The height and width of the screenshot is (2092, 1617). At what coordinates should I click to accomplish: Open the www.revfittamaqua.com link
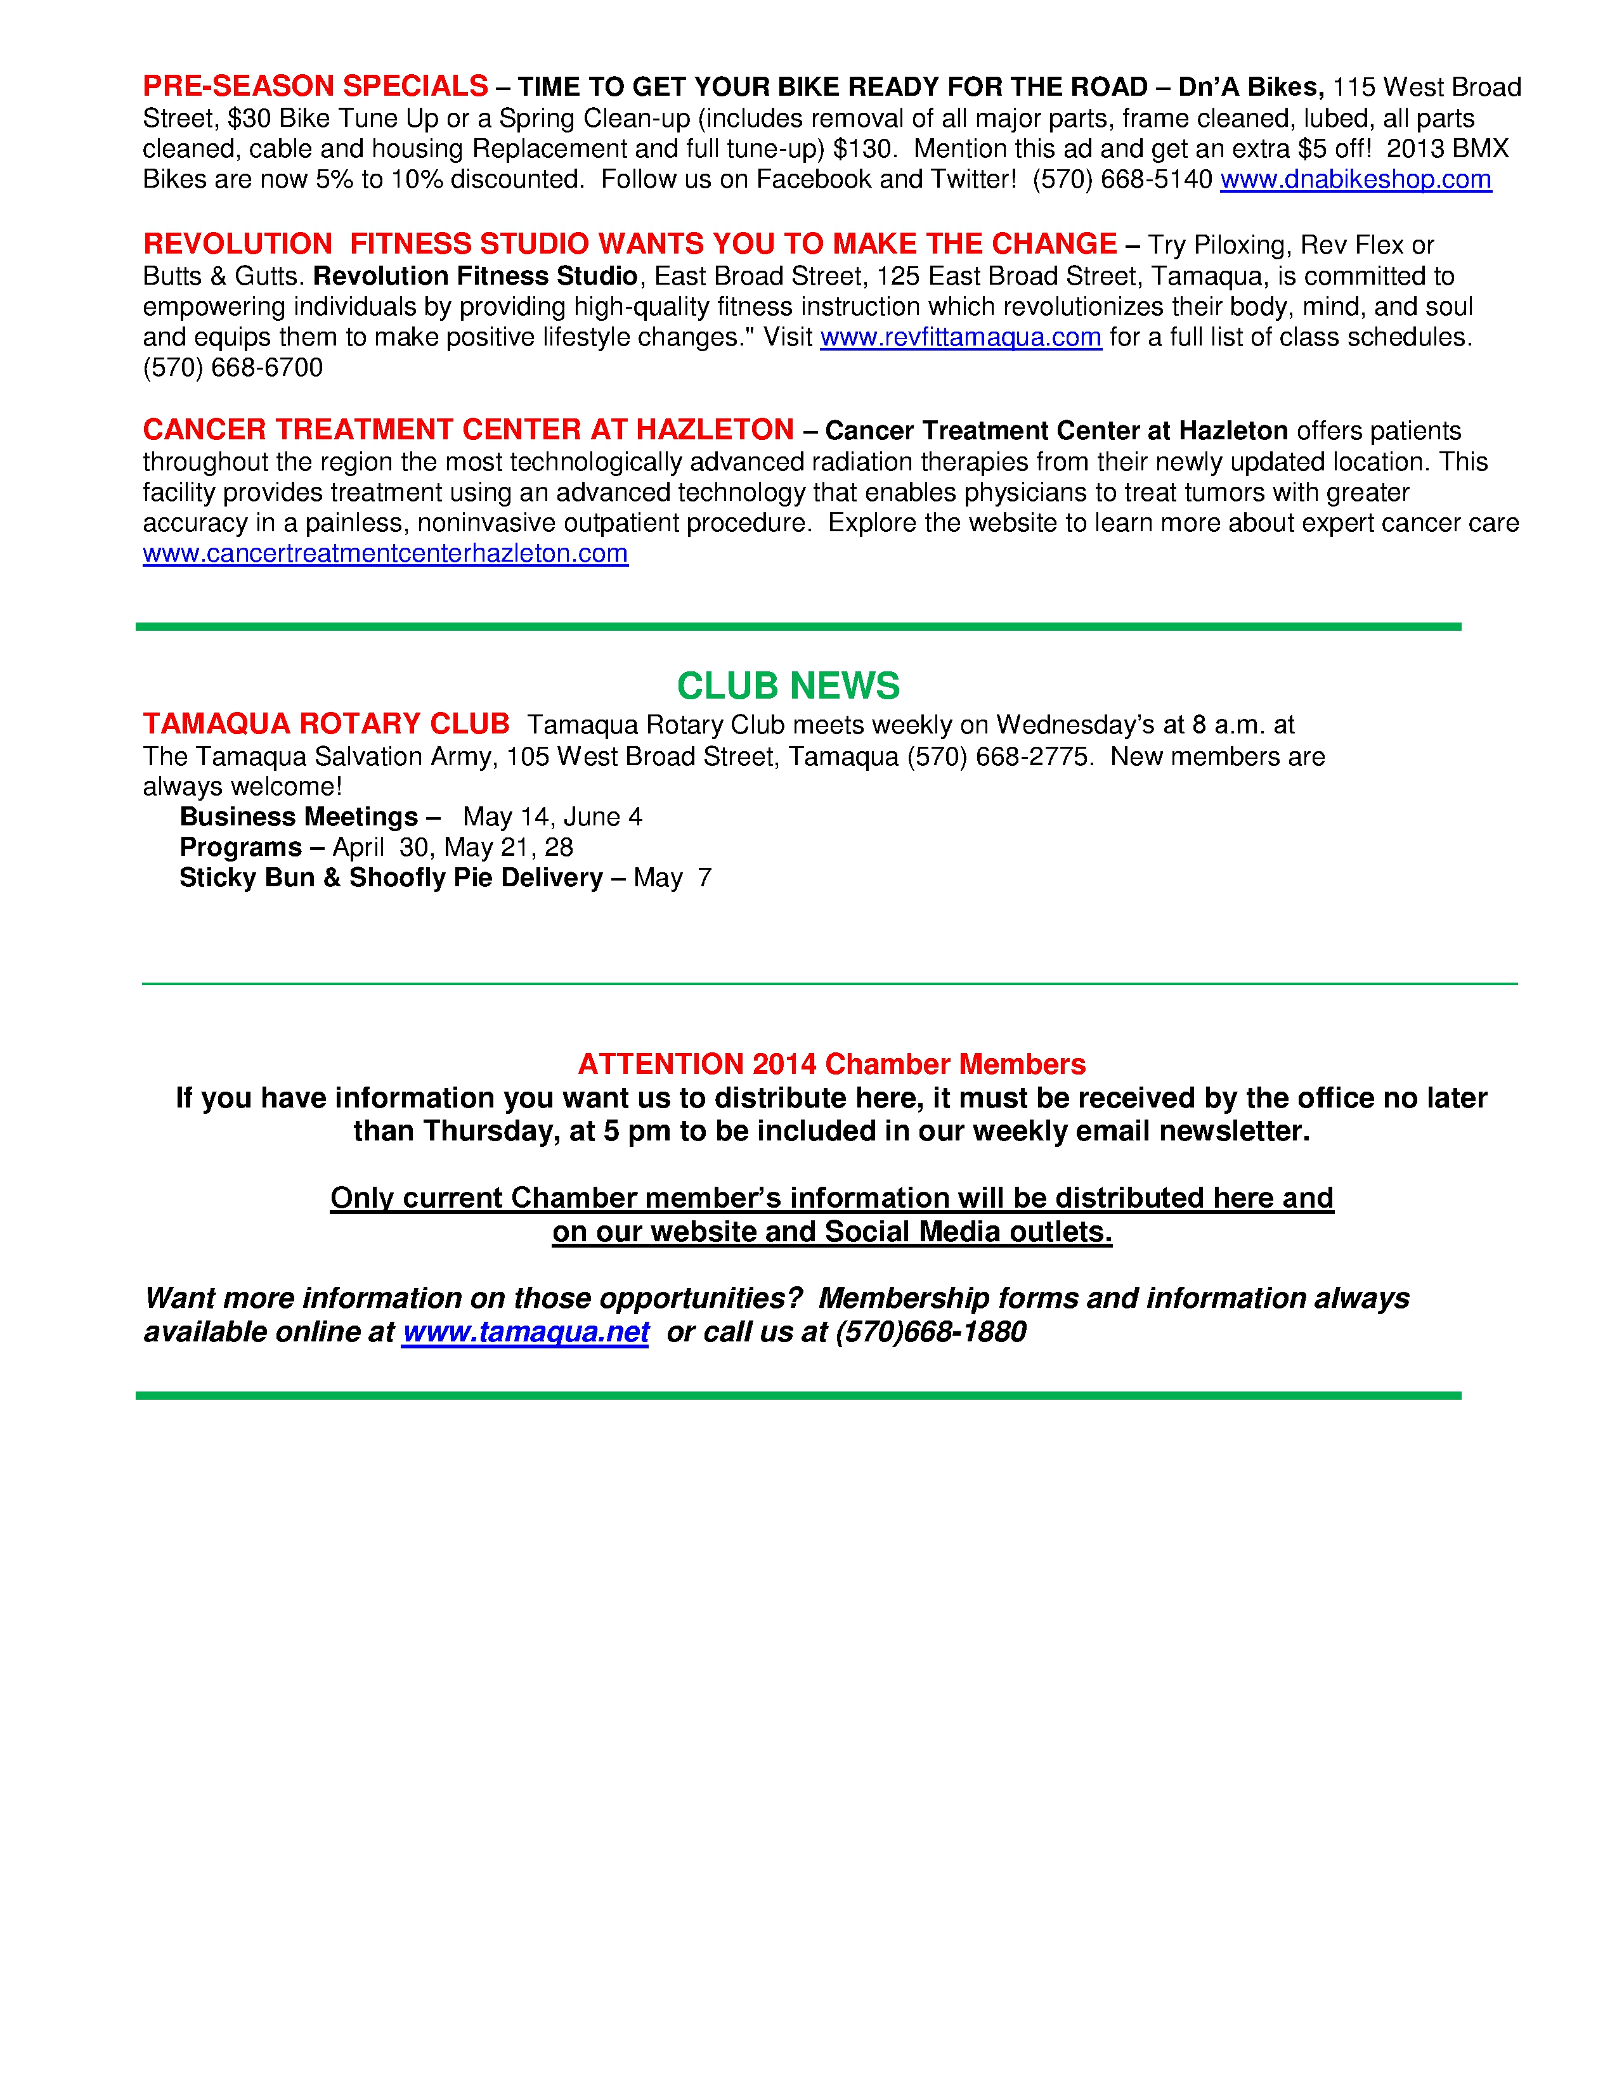tap(960, 338)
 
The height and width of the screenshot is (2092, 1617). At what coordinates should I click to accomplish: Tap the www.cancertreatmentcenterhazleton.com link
tap(385, 553)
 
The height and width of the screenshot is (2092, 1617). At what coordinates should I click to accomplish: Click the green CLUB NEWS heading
tap(788, 686)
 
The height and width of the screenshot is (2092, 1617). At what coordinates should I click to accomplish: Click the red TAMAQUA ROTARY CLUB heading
tap(326, 724)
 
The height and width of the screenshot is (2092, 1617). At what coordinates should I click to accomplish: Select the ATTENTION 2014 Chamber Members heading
tap(831, 1064)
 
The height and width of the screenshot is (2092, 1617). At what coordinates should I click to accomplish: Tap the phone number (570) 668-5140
tap(1122, 180)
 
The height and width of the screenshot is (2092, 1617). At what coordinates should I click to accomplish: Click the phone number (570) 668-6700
tap(233, 368)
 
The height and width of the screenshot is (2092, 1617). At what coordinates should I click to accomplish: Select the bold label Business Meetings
tap(299, 817)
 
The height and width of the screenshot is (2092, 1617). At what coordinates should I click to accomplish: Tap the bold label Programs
tap(240, 848)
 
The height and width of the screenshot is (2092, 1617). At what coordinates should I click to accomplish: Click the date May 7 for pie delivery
tap(672, 879)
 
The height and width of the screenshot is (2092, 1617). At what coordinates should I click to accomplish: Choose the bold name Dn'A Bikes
tap(1250, 88)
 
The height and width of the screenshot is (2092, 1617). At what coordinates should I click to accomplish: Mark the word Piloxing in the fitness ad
tap(1238, 245)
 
